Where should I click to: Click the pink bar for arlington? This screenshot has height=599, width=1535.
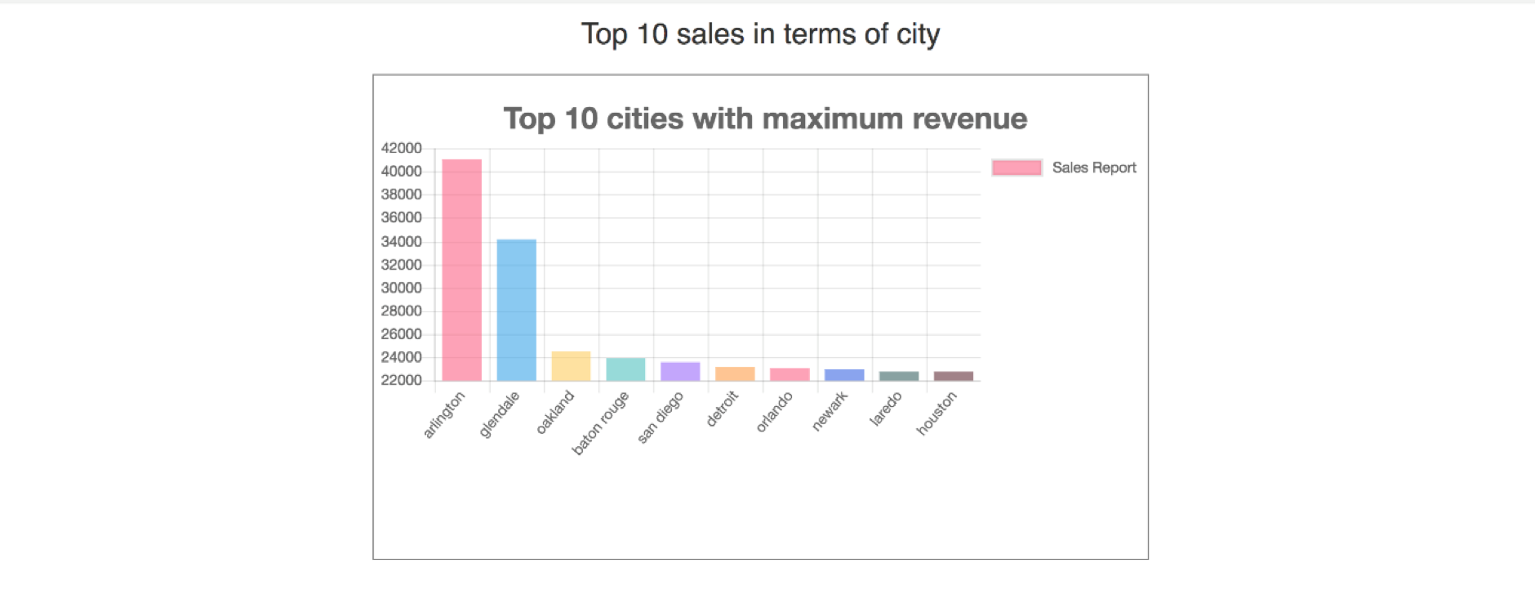tap(461, 270)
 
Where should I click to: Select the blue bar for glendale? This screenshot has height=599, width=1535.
tap(516, 310)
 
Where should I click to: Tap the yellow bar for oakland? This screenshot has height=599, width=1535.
tap(571, 366)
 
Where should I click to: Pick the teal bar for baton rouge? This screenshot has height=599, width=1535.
tap(625, 369)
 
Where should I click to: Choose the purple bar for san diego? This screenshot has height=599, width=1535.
tap(680, 371)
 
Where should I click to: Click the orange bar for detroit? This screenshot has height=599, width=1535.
tap(735, 373)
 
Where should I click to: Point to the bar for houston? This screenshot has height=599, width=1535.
tap(954, 376)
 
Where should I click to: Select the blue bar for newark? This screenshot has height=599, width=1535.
tap(844, 375)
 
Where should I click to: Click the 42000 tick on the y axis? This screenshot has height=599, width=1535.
tap(401, 148)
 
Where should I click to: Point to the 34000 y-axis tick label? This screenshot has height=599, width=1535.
tap(401, 241)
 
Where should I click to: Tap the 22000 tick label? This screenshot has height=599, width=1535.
tap(401, 380)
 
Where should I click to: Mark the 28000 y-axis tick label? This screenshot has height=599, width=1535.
tap(401, 311)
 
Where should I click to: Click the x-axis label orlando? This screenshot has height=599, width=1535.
tap(774, 412)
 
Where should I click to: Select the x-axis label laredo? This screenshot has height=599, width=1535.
tap(886, 409)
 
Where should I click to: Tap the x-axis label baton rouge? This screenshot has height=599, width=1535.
tap(601, 422)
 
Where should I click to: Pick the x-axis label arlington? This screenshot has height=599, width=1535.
tap(444, 414)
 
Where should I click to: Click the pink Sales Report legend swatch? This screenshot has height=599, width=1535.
tap(1017, 168)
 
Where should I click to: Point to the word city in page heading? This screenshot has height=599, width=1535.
tap(919, 34)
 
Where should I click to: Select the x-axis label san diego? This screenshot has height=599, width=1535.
tap(660, 418)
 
